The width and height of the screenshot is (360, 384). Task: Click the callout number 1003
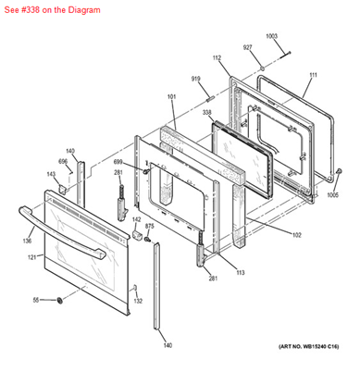[271, 36]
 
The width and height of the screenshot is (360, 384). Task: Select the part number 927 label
[247, 47]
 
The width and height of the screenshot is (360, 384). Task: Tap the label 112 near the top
[217, 58]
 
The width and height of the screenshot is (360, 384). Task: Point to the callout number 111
[313, 74]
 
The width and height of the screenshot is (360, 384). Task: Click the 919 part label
[196, 79]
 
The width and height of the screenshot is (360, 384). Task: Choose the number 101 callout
[171, 96]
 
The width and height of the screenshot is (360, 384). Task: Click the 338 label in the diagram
[207, 112]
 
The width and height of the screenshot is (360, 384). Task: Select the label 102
[296, 235]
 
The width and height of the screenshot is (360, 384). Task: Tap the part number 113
[240, 274]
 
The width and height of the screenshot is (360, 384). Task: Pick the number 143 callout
[52, 173]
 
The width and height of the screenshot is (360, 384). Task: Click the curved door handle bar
[69, 231]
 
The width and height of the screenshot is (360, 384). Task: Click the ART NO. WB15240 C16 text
[308, 346]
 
